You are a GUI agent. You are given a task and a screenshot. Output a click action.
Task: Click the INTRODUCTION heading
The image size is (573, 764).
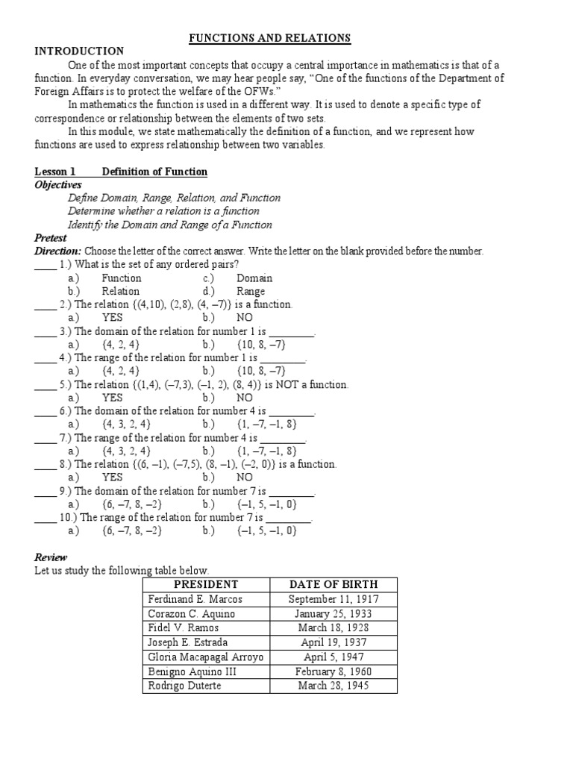tap(79, 51)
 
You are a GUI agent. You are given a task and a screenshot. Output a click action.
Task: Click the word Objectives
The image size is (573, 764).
tap(58, 184)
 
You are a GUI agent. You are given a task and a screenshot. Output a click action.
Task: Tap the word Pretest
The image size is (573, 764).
tap(51, 238)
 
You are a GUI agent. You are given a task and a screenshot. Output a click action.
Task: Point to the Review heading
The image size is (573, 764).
tap(51, 557)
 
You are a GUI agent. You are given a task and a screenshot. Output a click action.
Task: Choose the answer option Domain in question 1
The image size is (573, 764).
tap(254, 278)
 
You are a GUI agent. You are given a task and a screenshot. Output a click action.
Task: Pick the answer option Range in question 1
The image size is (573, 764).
tap(251, 292)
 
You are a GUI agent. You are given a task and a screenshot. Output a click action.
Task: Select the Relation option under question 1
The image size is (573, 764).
tap(121, 292)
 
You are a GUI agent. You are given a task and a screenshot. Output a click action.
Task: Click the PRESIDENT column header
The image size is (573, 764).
tap(205, 584)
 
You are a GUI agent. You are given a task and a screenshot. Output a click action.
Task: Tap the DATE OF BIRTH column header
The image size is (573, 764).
tap(333, 584)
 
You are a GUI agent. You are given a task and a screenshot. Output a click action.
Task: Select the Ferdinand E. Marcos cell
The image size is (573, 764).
tap(195, 599)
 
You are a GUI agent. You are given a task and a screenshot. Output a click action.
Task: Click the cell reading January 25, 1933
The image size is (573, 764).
tap(333, 614)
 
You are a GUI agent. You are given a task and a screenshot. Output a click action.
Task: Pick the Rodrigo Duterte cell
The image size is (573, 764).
tap(185, 686)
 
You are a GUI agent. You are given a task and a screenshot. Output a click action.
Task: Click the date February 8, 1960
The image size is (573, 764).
tap(333, 671)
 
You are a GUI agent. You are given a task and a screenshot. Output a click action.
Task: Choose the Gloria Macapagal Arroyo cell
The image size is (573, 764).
tap(206, 657)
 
